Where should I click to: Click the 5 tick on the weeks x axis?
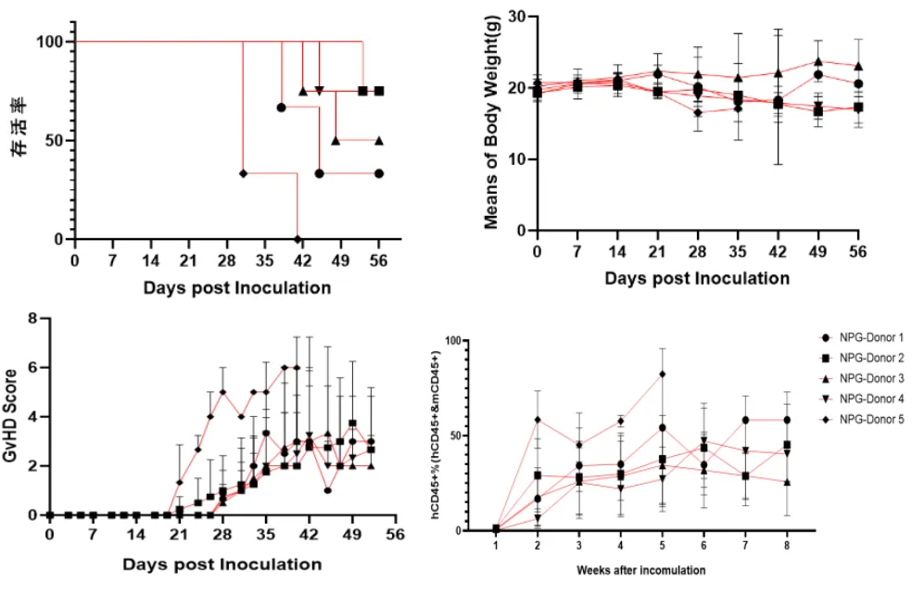(x=663, y=546)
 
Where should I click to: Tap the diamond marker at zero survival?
(x=298, y=239)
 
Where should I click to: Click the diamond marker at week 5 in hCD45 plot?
(x=663, y=373)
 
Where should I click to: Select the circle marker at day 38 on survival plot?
(x=281, y=108)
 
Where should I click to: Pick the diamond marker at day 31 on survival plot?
(x=243, y=173)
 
